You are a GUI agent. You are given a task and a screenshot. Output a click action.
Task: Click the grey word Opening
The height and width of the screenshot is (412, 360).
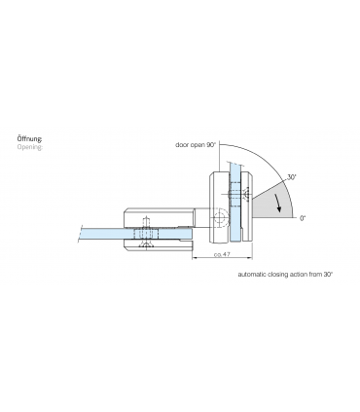pos(30,150)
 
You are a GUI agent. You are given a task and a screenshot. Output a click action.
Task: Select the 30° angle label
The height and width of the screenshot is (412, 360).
pos(292,178)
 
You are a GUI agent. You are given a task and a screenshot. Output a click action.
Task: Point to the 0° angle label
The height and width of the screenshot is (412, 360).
pos(304,218)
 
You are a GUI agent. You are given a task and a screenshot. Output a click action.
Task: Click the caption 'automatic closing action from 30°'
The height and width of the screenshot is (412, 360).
pos(285,276)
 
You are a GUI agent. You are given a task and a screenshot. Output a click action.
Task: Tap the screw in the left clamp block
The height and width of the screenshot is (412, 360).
pos(146,234)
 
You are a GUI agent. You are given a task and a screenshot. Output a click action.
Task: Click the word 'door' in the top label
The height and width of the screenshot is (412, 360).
pos(182,144)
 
